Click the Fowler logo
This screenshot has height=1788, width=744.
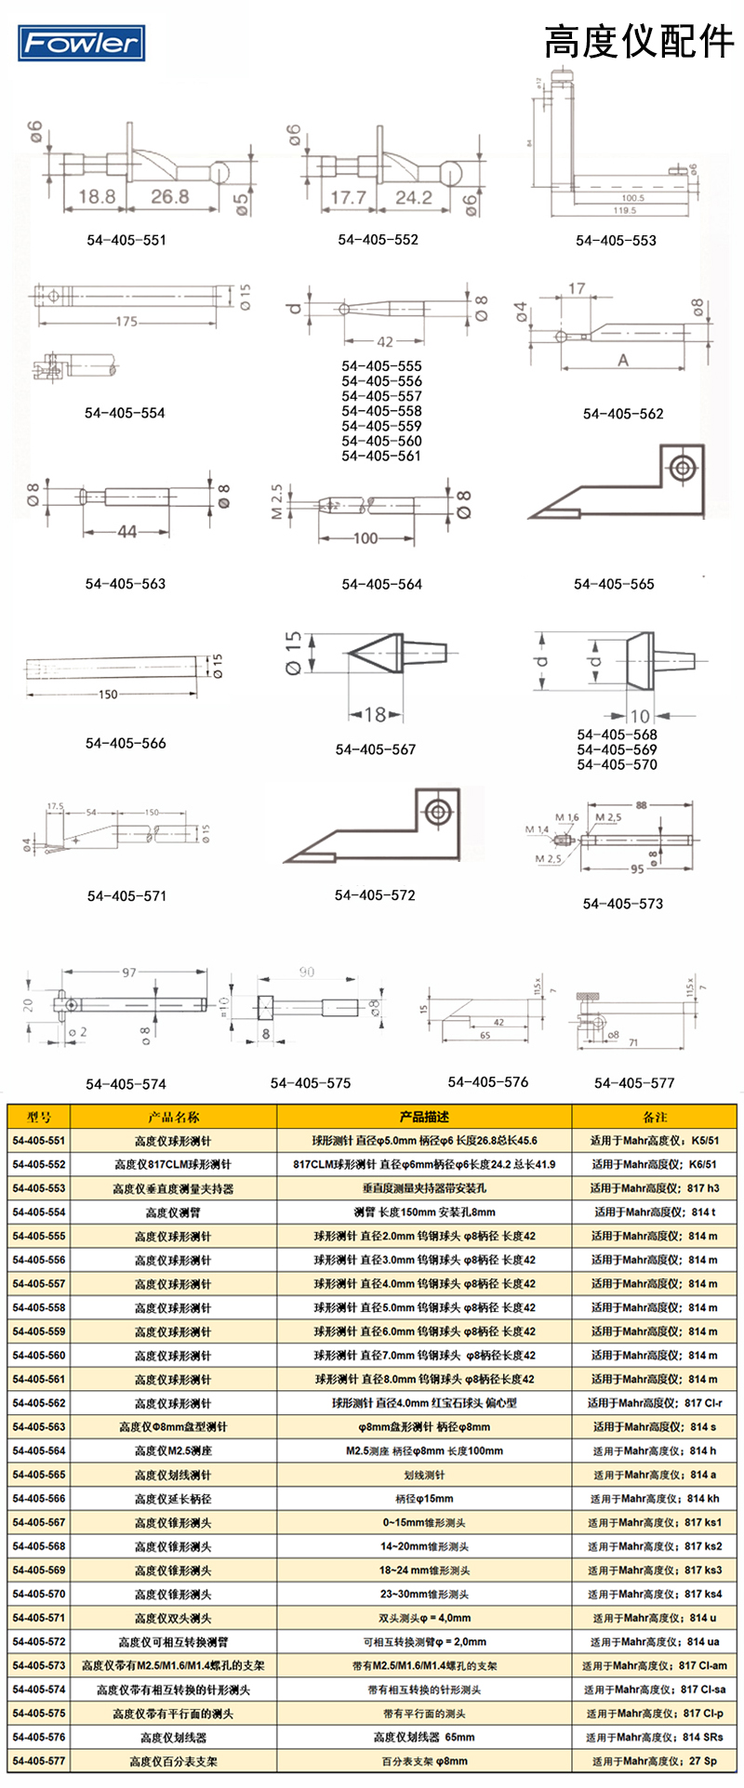81,43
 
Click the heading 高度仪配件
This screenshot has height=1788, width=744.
638,42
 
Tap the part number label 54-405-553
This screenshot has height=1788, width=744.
616,240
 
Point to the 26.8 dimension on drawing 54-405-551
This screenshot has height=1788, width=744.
169,196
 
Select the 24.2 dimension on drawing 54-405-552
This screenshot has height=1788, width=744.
413,197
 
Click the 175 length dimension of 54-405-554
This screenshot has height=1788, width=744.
126,322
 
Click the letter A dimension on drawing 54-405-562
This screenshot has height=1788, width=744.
622,359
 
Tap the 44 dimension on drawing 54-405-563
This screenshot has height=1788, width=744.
127,532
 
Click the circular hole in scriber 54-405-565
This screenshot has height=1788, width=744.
684,467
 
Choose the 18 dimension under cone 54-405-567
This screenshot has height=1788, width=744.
375,714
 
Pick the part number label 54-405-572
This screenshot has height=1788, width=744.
375,894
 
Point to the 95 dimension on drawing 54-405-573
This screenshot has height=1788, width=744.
637,869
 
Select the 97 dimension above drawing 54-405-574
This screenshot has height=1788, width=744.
129,972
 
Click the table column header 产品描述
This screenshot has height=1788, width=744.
424,1117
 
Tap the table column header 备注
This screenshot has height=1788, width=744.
655,1117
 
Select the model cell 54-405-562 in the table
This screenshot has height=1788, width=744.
39,1403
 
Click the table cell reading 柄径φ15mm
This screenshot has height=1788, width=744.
424,1499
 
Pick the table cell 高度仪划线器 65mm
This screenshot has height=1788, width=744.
424,1737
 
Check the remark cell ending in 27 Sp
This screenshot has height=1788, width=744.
655,1761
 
